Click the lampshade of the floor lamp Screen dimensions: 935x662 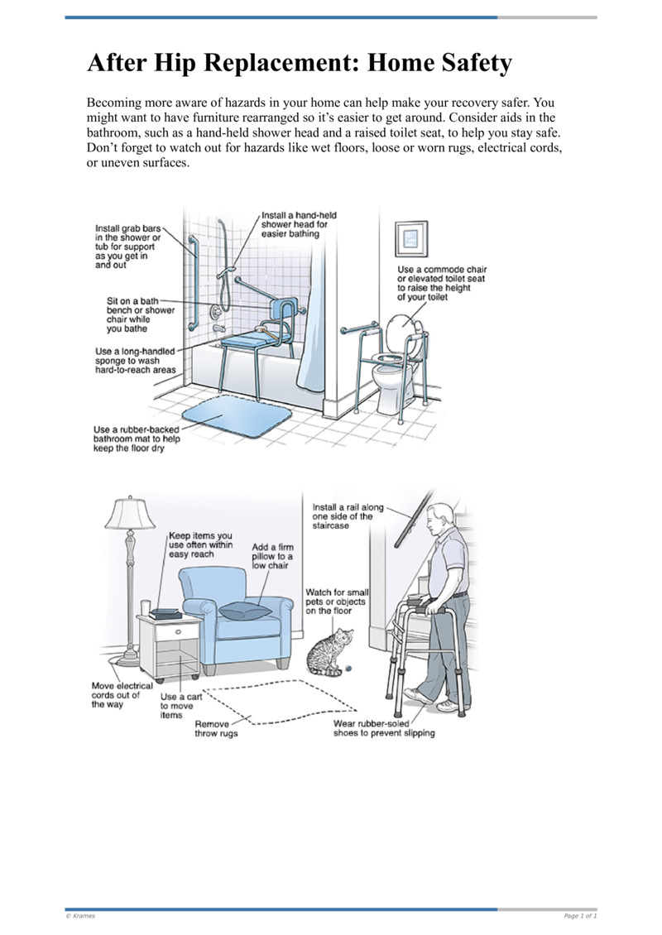(130, 514)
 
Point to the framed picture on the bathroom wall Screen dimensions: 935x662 (411, 240)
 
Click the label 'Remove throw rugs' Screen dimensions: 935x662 (216, 728)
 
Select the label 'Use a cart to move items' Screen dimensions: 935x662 (180, 706)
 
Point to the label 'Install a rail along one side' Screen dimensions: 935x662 (343, 515)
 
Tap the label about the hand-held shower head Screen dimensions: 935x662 (299, 223)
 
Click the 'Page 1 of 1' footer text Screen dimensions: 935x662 (579, 915)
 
